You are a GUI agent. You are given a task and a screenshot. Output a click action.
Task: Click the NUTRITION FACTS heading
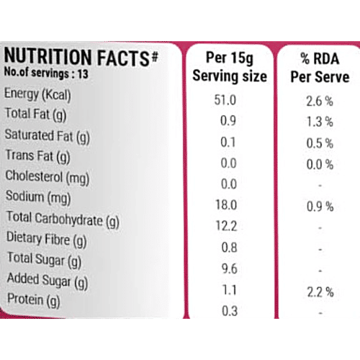click(x=81, y=58)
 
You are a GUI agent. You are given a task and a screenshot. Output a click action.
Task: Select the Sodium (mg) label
click(x=35, y=196)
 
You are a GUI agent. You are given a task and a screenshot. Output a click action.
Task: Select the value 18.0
click(x=228, y=206)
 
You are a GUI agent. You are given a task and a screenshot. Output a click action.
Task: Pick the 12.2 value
click(x=228, y=227)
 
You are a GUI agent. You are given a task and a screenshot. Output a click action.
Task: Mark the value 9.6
click(x=228, y=269)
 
